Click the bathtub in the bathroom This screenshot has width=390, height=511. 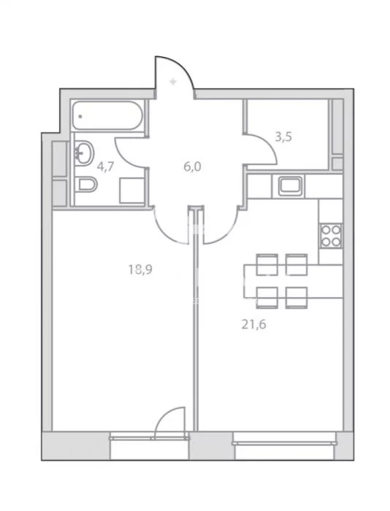coord(107,115)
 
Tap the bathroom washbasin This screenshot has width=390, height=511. coord(84,153)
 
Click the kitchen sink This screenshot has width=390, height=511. coord(290,186)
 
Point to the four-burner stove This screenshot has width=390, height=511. coord(331,235)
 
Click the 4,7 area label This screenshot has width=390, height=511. coord(105,166)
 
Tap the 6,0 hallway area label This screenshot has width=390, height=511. coord(192,166)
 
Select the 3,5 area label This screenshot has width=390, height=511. coord(283,137)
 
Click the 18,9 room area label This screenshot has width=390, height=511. coord(140,269)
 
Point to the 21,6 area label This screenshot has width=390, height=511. coord(253,325)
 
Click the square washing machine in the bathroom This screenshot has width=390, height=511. coord(131,191)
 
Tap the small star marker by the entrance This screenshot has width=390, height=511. coord(173,82)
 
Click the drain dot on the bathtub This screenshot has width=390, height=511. coord(80,115)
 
